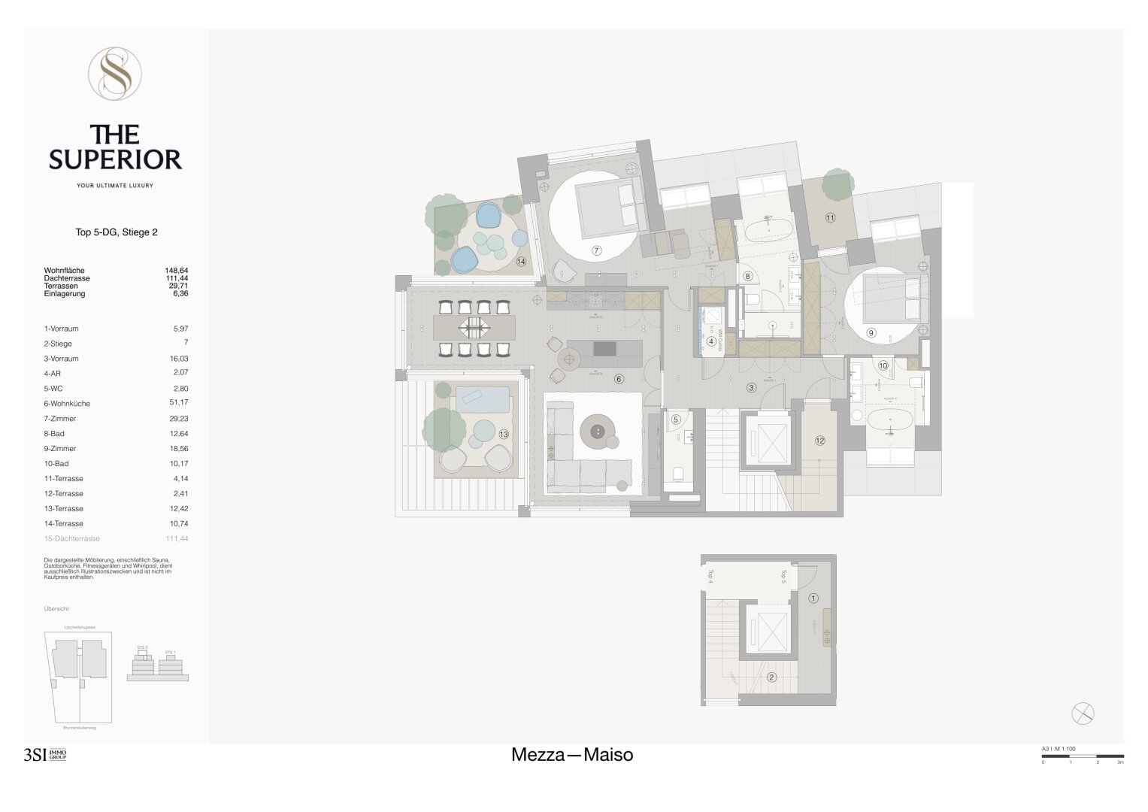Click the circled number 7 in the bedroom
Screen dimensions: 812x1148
pos(597,250)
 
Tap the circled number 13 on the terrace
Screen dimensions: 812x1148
pos(504,434)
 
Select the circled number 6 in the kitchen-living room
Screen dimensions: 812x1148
pos(619,379)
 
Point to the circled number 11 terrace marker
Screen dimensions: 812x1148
pos(830,218)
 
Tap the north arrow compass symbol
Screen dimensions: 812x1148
pos(1083,714)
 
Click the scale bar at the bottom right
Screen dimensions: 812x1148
pos(1083,756)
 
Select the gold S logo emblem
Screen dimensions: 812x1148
pos(115,74)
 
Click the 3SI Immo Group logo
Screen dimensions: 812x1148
pos(45,755)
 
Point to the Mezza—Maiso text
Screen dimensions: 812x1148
pos(572,755)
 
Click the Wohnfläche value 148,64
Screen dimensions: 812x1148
pos(177,271)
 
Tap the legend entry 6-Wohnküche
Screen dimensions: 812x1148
pos(67,404)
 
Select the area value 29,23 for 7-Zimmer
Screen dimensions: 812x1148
pos(179,419)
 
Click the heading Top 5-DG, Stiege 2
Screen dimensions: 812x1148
pos(117,232)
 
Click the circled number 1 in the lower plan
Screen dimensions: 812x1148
pos(813,598)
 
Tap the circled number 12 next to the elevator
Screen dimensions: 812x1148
pos(819,441)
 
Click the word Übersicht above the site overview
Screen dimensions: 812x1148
pos(56,609)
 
